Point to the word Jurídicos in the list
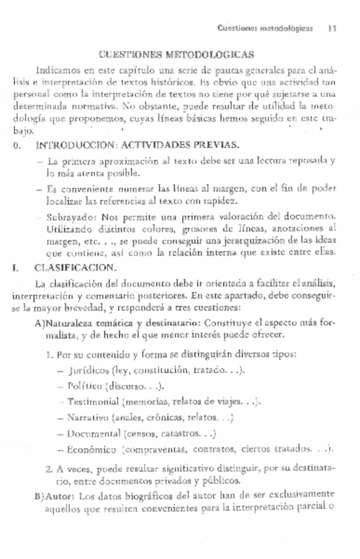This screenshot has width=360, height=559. [88, 370]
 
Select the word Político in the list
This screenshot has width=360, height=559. [85, 386]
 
